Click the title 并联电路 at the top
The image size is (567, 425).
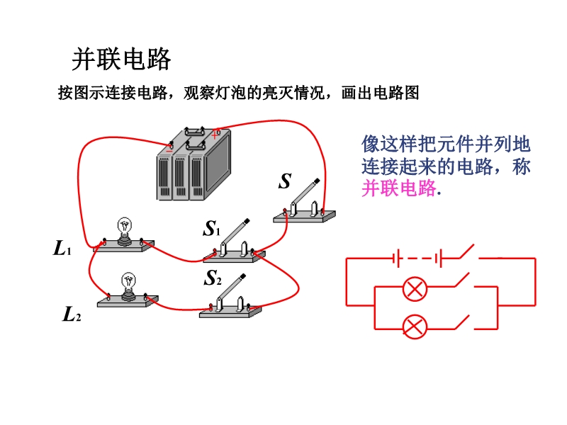[122, 59]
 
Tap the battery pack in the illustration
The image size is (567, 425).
[193, 166]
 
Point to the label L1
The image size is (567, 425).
[62, 249]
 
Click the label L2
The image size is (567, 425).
[71, 314]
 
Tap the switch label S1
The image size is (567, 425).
[212, 229]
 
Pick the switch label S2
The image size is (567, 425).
[213, 279]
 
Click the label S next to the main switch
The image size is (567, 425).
[284, 182]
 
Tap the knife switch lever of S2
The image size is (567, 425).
[231, 288]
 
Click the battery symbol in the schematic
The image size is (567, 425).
[417, 259]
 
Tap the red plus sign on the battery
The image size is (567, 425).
[215, 132]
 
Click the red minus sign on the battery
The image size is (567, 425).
[169, 148]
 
